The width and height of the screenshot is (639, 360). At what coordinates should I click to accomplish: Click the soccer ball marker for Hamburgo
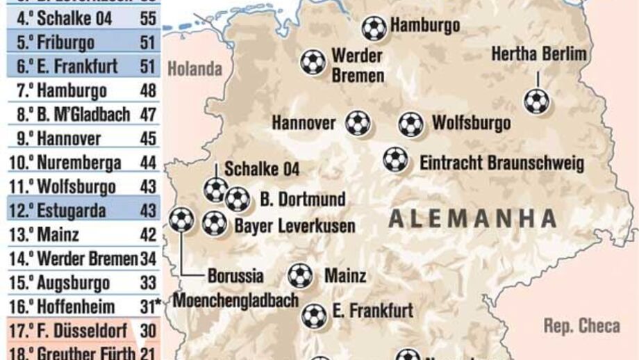point(374,28)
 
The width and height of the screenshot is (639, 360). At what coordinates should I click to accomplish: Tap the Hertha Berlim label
point(538,54)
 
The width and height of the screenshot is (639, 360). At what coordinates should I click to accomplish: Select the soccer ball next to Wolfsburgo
point(410,124)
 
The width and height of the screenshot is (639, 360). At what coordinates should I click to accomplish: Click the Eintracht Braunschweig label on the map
point(501,163)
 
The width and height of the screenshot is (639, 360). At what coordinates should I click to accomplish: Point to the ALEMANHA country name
point(472,218)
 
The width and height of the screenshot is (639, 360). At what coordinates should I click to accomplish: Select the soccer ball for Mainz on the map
point(300,275)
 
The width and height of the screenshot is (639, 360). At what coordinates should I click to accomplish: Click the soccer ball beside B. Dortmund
point(238,199)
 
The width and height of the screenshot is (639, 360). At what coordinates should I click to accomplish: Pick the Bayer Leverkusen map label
point(294,225)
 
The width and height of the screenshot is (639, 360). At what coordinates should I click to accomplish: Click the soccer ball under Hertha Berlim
point(536,101)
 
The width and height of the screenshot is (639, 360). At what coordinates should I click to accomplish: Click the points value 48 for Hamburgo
point(147,91)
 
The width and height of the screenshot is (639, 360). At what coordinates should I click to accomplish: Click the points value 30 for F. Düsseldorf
point(147,331)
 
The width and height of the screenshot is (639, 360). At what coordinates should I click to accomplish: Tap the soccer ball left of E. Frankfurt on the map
point(314,316)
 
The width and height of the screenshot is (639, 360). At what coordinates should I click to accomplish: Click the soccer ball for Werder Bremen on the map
point(313,62)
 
